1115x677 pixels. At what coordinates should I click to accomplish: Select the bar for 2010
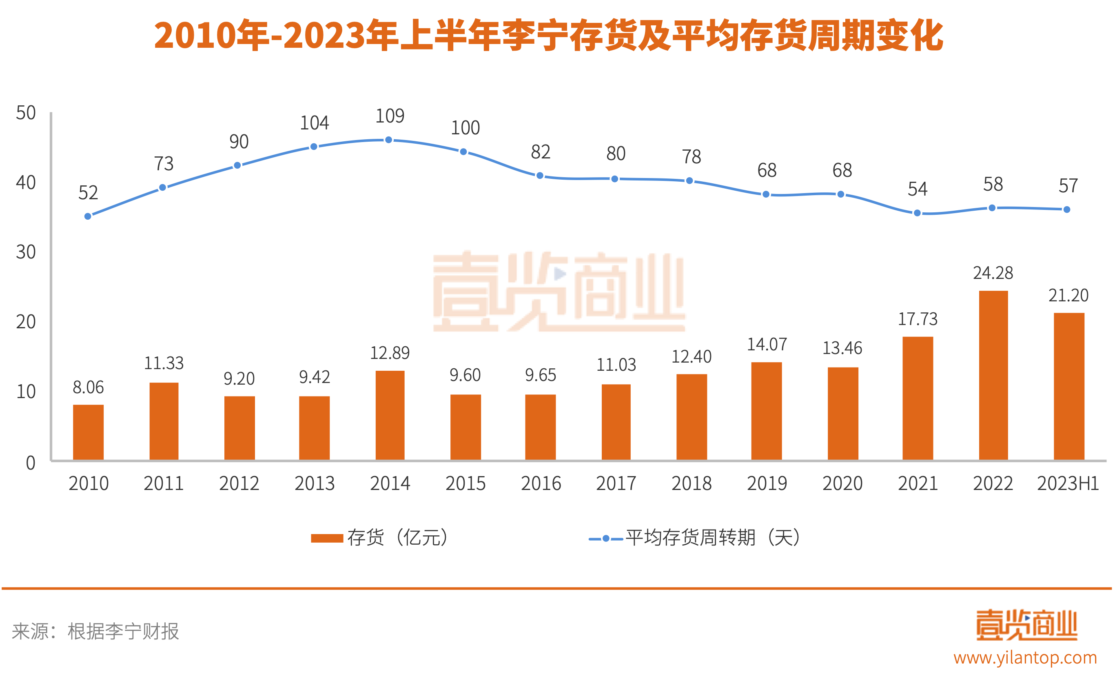coord(88,432)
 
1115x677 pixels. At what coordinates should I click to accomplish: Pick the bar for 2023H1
coord(1068,386)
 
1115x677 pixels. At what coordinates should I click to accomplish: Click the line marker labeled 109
coord(388,140)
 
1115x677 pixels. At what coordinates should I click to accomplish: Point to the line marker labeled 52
coord(88,216)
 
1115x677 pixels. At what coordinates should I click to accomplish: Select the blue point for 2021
coord(917,213)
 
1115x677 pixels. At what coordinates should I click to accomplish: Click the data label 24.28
coord(993,273)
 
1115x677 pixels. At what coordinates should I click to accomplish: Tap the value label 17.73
coord(917,319)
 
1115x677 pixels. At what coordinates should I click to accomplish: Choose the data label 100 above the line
coord(465,128)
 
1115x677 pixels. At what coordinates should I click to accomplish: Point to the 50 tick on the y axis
coord(26,113)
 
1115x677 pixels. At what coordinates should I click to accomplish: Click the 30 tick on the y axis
coord(26,252)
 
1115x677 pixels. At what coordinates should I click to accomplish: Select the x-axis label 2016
coord(541,483)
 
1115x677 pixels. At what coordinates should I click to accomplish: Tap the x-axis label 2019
coord(767,483)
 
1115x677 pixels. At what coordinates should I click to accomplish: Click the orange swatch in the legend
coord(327,538)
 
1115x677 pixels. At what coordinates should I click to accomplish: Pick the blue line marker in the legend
coord(605,539)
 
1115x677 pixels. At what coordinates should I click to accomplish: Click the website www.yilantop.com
coord(1025,657)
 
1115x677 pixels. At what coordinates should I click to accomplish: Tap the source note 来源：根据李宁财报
coord(95,631)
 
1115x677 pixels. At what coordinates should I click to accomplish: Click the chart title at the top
coord(548,36)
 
